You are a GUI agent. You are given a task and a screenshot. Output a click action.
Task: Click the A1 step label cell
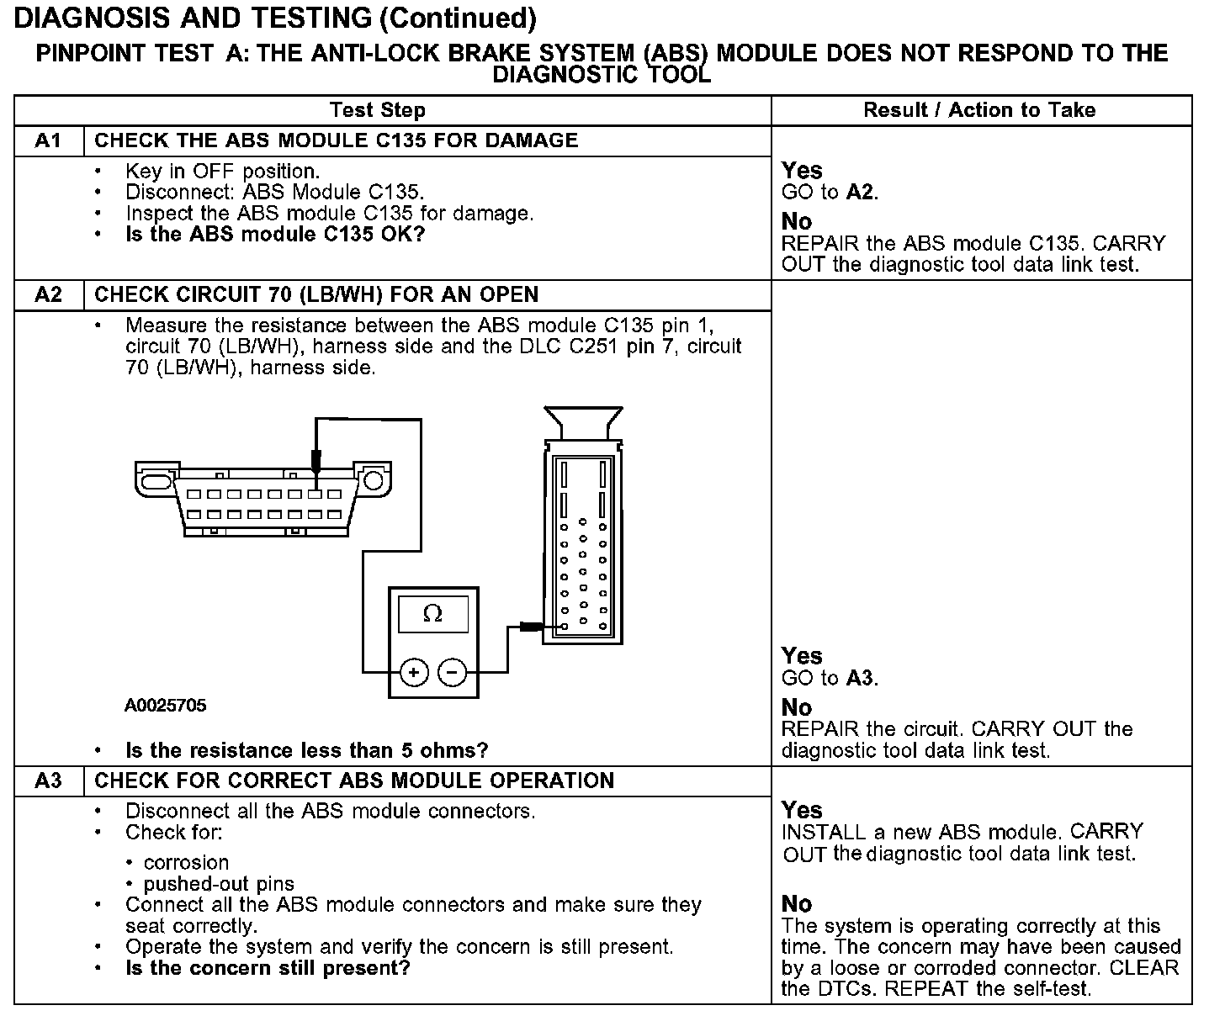[49, 140]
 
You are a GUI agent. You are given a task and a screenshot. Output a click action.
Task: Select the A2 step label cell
[49, 295]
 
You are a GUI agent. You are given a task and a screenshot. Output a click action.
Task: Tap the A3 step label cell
[49, 781]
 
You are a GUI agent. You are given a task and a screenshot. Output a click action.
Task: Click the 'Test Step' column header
[378, 110]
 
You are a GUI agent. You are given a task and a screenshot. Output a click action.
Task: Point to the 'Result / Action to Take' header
[979, 110]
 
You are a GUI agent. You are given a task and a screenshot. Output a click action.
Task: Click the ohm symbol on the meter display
[432, 614]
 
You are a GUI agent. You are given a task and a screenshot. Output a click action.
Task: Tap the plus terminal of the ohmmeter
[413, 672]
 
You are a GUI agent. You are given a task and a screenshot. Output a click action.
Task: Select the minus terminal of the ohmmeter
[452, 672]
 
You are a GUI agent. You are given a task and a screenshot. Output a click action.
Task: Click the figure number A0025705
[165, 706]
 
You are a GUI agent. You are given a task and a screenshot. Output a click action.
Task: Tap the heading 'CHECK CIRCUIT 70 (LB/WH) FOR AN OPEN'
[316, 295]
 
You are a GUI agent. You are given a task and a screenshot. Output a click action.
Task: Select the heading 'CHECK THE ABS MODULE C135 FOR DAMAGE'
[337, 140]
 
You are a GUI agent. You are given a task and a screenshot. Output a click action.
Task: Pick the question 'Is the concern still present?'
[268, 968]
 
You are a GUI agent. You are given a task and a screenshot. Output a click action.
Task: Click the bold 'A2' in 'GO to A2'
[860, 193]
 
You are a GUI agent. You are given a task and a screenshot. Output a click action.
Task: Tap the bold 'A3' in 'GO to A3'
[860, 678]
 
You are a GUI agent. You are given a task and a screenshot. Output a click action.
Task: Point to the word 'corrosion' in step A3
[186, 863]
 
